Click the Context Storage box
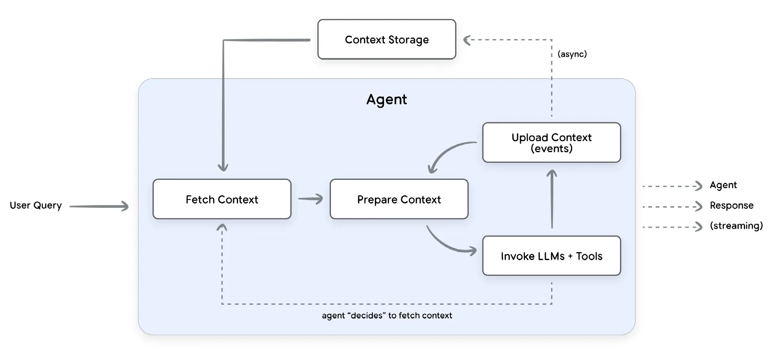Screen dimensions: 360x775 pyautogui.click(x=387, y=40)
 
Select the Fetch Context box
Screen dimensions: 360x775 pyautogui.click(x=222, y=199)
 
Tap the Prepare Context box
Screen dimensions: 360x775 pyautogui.click(x=399, y=199)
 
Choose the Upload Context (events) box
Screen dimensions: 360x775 pyautogui.click(x=551, y=143)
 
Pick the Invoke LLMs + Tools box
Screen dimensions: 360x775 pyautogui.click(x=551, y=256)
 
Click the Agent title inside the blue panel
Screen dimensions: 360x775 pyautogui.click(x=386, y=99)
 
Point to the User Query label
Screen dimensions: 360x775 pyautogui.click(x=36, y=205)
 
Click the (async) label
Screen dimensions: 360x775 pyautogui.click(x=572, y=54)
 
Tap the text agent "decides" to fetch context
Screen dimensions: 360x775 pyautogui.click(x=387, y=315)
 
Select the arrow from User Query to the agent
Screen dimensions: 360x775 pyautogui.click(x=99, y=206)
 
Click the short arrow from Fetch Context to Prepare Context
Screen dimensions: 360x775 pyautogui.click(x=310, y=199)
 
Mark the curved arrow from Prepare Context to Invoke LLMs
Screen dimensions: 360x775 pyautogui.click(x=447, y=244)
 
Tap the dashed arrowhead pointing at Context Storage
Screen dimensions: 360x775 pyautogui.click(x=467, y=40)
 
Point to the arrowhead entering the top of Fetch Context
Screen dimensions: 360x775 pyautogui.click(x=223, y=168)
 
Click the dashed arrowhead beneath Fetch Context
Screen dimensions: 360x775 pyautogui.click(x=222, y=227)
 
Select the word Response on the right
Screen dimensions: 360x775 pyautogui.click(x=732, y=205)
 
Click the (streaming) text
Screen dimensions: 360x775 pyautogui.click(x=736, y=226)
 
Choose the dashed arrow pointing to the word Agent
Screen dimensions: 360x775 pyautogui.click(x=672, y=186)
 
